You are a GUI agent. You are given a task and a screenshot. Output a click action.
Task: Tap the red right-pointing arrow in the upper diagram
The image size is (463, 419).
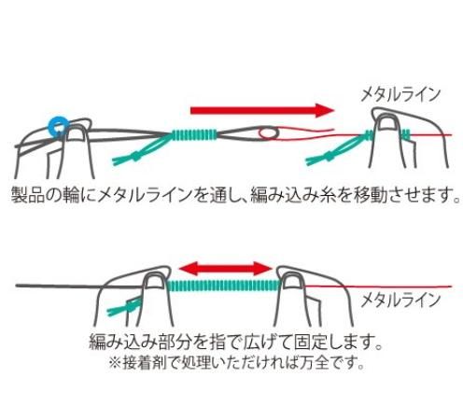coord(262,110)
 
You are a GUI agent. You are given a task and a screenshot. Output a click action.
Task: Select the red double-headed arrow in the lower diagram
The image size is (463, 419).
coord(226,269)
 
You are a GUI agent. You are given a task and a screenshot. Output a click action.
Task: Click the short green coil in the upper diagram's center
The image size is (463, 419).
coord(194,134)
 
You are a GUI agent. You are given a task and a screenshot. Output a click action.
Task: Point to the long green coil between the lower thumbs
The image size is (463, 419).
coord(224,286)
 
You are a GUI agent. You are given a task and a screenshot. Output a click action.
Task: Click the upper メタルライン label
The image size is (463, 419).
coord(400,94)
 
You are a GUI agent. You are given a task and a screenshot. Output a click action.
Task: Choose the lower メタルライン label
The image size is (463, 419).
coord(400,300)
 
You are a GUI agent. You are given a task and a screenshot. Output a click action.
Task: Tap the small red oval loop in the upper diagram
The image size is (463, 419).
coord(269,133)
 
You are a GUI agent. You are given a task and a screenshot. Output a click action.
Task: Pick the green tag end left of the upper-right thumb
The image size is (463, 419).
coord(336,149)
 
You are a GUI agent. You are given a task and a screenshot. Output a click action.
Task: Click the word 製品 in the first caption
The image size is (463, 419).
coord(28,195)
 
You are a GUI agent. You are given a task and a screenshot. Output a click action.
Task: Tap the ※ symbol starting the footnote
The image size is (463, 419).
coord(115,363)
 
